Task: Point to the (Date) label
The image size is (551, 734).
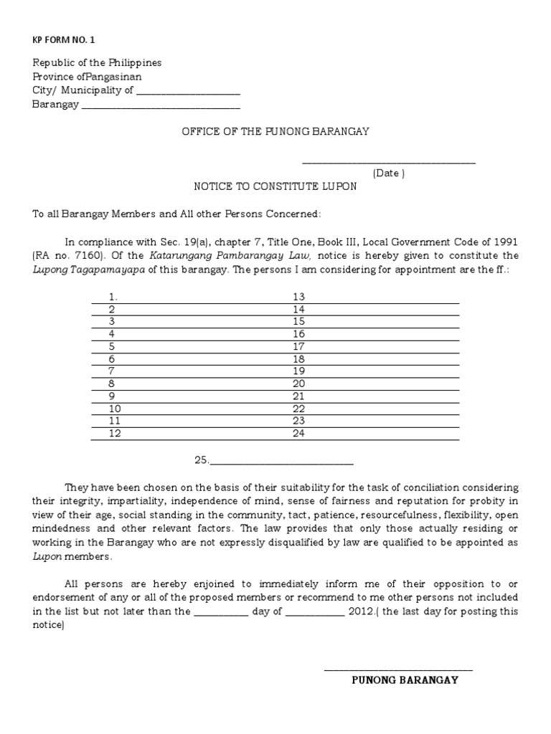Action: click(388, 173)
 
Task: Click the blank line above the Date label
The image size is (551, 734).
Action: click(388, 163)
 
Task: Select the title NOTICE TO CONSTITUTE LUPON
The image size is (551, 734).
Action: click(275, 186)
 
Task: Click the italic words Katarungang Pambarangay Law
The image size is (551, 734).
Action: click(230, 255)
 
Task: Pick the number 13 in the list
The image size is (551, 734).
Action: click(298, 297)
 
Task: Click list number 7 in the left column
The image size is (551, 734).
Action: click(111, 371)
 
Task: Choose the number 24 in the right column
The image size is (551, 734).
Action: click(298, 433)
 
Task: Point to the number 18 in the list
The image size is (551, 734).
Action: click(298, 358)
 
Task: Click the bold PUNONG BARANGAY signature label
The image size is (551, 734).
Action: click(405, 680)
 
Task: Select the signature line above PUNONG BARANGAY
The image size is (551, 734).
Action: click(398, 669)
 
